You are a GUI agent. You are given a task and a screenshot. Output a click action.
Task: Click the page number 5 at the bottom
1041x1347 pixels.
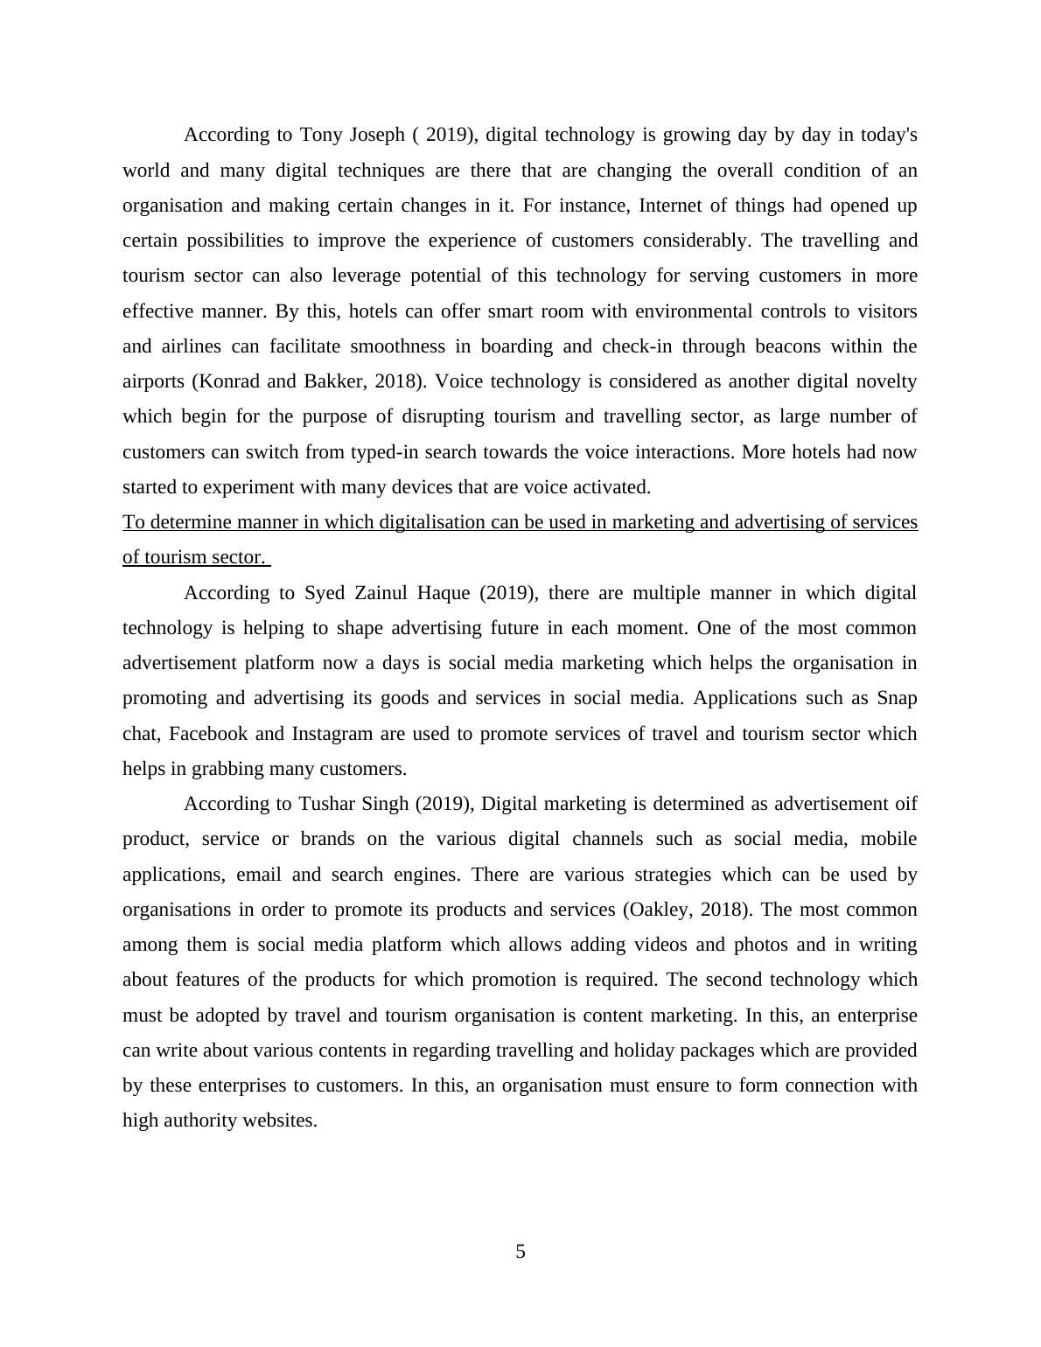(x=520, y=1252)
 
